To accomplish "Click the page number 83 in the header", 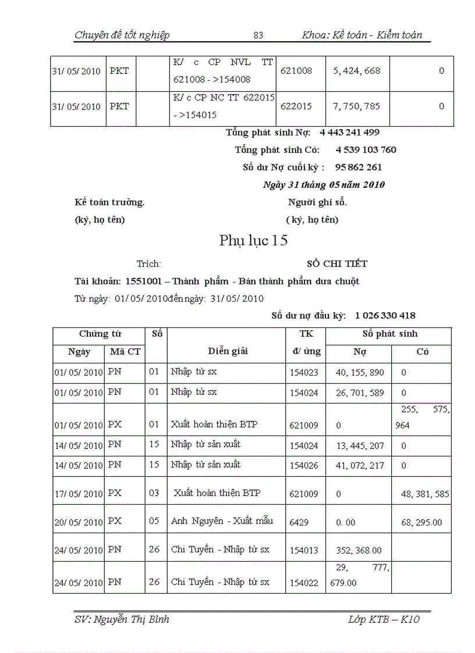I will (x=258, y=35).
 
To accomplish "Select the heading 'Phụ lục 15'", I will (x=253, y=241).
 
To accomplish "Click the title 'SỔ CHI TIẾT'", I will (x=337, y=263).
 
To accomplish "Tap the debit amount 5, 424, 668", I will (x=357, y=71).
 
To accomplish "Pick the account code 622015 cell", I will (x=296, y=106).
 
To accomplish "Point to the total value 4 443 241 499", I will (x=349, y=133).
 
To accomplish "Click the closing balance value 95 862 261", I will (x=359, y=167).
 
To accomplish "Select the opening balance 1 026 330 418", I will (x=385, y=316).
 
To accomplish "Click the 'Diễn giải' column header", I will (x=228, y=351).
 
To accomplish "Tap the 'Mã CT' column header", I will (x=125, y=352).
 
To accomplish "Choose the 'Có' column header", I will (x=423, y=352).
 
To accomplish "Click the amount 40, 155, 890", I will (x=360, y=372).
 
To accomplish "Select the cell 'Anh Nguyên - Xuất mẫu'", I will (x=222, y=521).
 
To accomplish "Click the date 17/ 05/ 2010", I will (x=77, y=494).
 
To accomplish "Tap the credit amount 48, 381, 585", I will (x=425, y=494).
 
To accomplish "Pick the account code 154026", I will (x=304, y=466).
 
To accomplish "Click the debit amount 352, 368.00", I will (x=359, y=550).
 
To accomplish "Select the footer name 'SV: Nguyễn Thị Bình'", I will (x=122, y=619).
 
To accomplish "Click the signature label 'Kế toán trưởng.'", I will (x=109, y=202).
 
